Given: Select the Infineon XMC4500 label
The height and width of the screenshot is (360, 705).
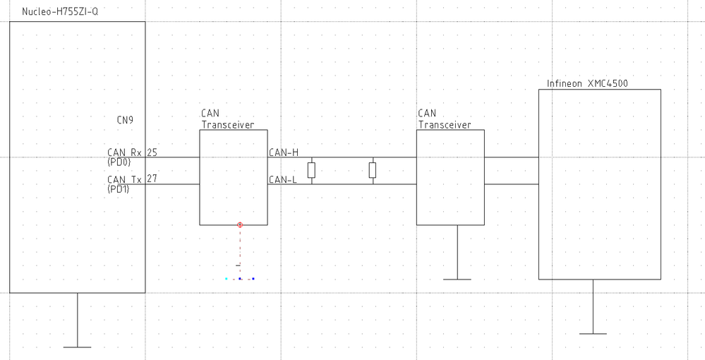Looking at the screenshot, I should click(587, 83).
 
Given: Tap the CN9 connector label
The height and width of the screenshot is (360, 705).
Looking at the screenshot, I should click(125, 119).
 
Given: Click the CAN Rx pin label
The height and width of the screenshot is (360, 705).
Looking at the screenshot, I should click(124, 152).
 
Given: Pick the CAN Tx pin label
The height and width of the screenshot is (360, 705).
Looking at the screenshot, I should click(124, 179).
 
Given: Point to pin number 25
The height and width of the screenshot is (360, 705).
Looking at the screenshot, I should click(152, 152).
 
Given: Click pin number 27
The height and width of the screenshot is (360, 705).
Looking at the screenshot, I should click(152, 179).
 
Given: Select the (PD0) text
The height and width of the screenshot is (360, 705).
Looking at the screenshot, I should click(119, 161).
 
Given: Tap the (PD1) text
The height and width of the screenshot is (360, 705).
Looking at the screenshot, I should click(119, 188).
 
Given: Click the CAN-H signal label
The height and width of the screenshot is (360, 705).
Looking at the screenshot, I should click(284, 152).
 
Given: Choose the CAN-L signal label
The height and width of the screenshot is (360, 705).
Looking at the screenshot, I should click(283, 179).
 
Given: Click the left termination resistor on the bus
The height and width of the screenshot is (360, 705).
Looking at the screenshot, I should click(311, 170).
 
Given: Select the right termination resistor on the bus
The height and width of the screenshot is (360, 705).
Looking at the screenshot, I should click(373, 170).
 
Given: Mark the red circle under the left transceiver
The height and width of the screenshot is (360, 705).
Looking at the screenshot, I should click(240, 224).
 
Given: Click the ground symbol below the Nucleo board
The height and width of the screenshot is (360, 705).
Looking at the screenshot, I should click(77, 347).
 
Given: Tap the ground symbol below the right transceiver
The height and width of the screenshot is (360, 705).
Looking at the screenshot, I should click(457, 279).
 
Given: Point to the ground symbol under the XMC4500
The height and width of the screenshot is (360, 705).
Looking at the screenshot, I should click(593, 332).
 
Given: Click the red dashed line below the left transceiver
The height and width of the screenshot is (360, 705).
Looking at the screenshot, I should click(240, 247).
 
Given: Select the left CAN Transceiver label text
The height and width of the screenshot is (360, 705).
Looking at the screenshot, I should click(227, 119).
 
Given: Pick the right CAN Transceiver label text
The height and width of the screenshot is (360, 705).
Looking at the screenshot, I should click(444, 119).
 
